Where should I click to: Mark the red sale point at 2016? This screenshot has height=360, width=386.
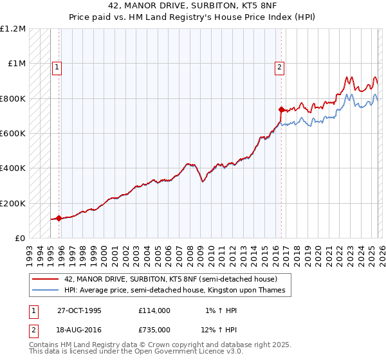[281, 109]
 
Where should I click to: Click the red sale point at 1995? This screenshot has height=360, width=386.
[59, 218]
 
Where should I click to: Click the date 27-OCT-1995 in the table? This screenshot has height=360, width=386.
[79, 310]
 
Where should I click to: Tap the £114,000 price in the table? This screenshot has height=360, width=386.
[154, 310]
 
